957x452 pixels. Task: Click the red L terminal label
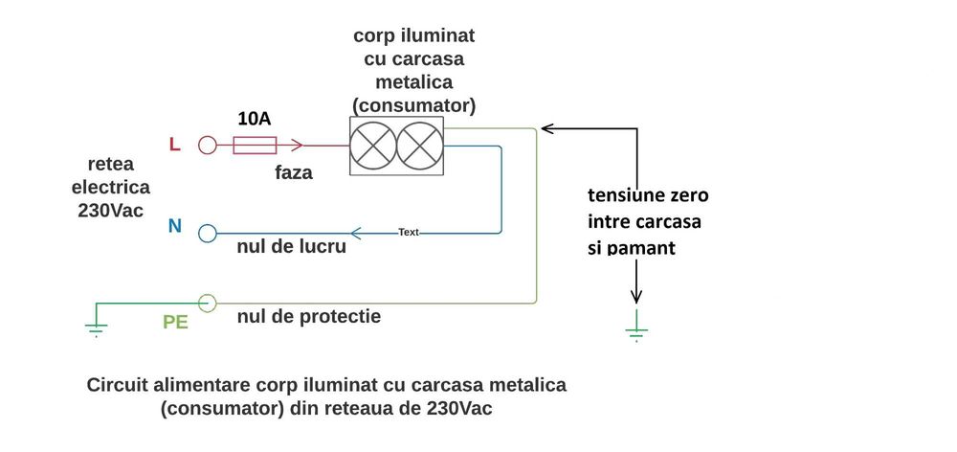[x=174, y=145]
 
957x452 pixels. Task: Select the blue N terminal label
[x=174, y=227]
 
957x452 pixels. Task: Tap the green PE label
[x=175, y=322]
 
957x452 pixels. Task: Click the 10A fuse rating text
[x=255, y=120]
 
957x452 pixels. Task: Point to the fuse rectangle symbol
[x=255, y=146]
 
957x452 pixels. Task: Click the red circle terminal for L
[x=207, y=146]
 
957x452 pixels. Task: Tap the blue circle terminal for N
[x=207, y=233]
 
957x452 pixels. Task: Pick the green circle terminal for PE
[x=207, y=303]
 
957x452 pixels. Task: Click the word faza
[x=294, y=174]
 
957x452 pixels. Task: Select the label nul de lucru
[x=292, y=248]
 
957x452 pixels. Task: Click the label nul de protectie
[x=309, y=315]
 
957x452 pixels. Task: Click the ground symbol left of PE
[x=95, y=327]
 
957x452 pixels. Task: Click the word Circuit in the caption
[x=119, y=385]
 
